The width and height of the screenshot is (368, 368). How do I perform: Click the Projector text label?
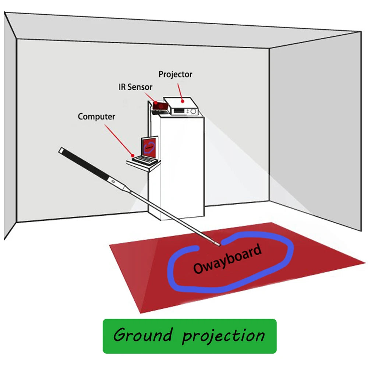(x=175, y=74)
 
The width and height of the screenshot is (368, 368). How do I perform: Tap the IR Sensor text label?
(x=135, y=88)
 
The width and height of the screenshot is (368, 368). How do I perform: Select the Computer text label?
(x=96, y=117)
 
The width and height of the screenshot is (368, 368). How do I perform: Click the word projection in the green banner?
(x=223, y=335)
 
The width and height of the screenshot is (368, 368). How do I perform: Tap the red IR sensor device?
(x=160, y=106)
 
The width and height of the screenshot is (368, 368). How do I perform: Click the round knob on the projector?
(x=194, y=111)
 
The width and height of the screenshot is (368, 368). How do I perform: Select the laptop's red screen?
(x=149, y=146)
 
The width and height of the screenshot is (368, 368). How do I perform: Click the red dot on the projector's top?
(x=181, y=100)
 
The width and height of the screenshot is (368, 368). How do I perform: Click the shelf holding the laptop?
(x=144, y=165)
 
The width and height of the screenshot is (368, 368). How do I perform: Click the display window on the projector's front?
(x=178, y=111)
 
